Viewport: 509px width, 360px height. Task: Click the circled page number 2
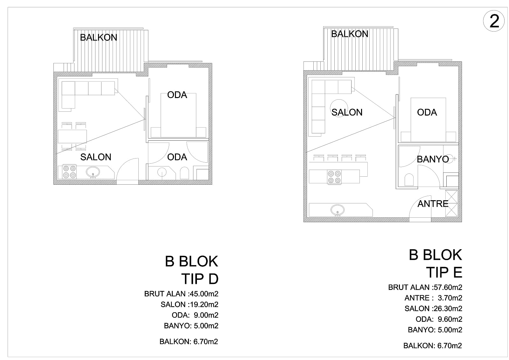(494, 21)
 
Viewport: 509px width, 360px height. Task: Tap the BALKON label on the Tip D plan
(98, 38)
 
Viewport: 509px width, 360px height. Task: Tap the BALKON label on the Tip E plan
(350, 34)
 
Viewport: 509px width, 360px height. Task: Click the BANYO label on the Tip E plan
(433, 159)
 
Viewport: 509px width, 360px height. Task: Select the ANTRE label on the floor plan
(433, 204)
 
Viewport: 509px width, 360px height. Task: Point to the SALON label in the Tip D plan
(96, 157)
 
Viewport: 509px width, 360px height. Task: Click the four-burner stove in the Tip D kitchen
(69, 172)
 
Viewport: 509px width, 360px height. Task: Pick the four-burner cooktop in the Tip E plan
(334, 177)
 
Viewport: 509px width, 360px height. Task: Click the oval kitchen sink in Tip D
(93, 173)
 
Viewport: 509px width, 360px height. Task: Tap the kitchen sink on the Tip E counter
(338, 210)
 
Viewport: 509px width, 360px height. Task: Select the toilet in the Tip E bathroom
(409, 180)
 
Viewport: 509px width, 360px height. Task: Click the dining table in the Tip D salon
(72, 137)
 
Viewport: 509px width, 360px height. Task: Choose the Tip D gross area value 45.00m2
(204, 294)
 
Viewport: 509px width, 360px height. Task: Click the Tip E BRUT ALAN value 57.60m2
(448, 287)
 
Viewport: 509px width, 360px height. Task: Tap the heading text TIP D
(200, 279)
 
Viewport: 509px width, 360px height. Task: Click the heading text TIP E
(444, 272)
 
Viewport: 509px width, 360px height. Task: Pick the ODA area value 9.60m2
(450, 319)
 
